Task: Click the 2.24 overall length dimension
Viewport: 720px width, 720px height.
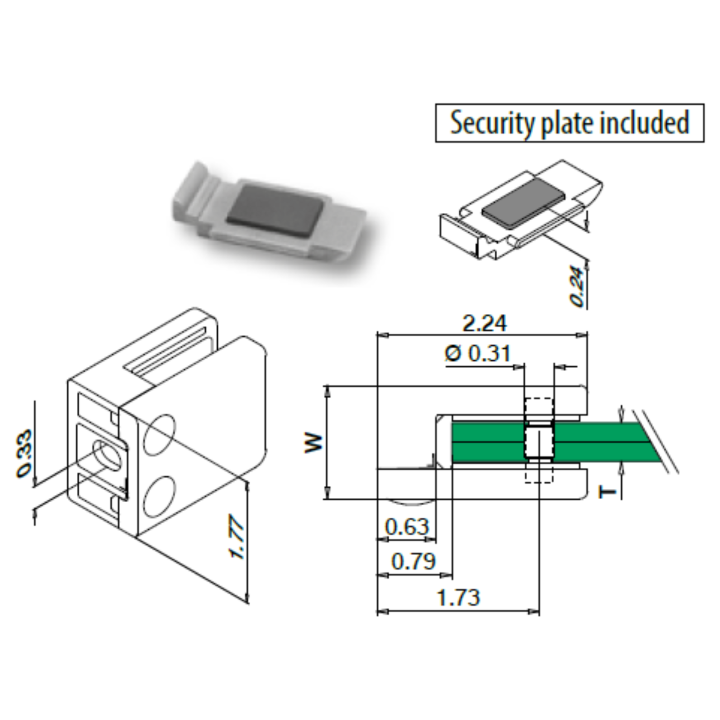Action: (x=484, y=323)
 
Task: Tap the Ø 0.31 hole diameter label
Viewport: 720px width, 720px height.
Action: (x=477, y=354)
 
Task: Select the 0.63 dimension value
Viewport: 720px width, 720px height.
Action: (x=407, y=527)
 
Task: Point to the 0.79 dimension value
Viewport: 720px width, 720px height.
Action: (x=414, y=562)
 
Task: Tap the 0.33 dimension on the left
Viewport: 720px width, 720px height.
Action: (x=25, y=453)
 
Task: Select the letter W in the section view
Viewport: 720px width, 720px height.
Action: (x=314, y=442)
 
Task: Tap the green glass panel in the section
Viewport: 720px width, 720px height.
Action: (x=488, y=442)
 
